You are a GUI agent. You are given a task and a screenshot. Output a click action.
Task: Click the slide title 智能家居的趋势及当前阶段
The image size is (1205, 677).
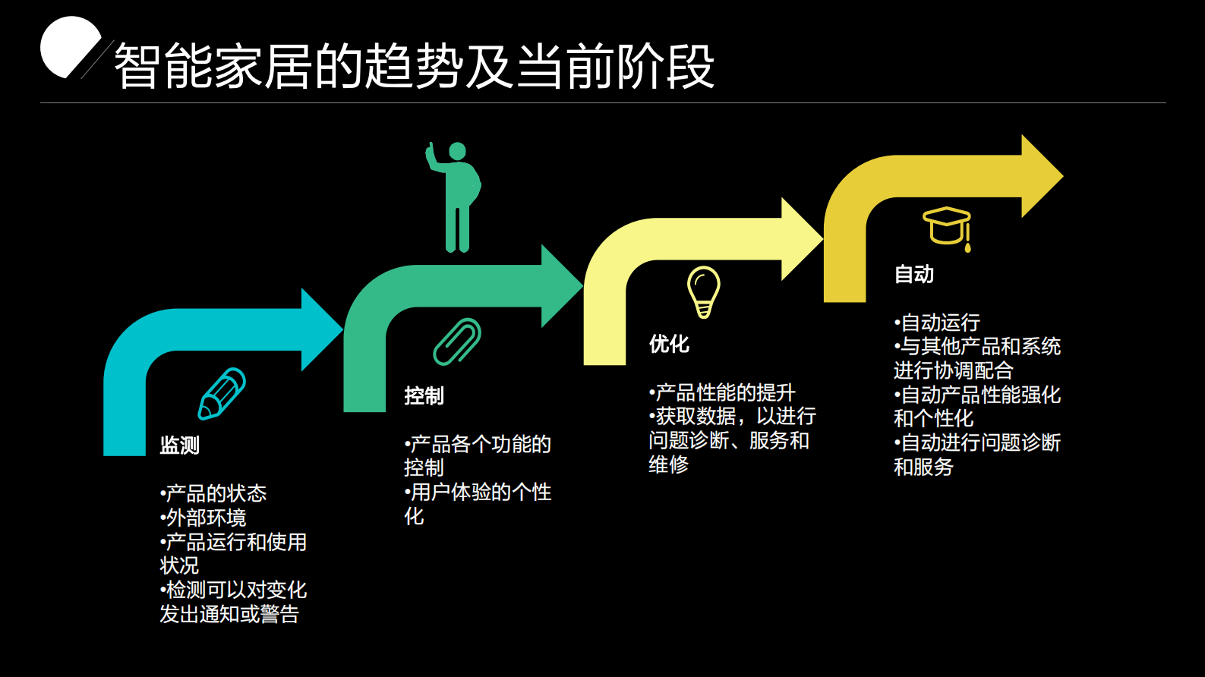coord(414,66)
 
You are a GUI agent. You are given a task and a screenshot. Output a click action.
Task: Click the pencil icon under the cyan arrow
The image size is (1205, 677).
coord(222,393)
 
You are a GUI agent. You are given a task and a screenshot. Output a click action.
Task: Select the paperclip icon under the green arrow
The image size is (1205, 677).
coord(457,342)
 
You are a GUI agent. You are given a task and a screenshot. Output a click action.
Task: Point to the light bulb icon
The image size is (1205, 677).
coord(703,291)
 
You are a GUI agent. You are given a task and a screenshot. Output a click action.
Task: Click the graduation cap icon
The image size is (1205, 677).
coord(947,227)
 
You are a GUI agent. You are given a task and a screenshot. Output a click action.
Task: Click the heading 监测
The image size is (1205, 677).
coord(179,445)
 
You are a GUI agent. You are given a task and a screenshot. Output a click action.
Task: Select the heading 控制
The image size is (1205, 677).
coord(424,395)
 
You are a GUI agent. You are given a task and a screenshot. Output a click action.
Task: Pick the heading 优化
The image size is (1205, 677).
coord(669,344)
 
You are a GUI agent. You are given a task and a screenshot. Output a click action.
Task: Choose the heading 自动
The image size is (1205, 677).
coord(913,274)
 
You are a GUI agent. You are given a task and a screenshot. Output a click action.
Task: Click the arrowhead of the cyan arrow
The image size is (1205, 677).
coord(320,329)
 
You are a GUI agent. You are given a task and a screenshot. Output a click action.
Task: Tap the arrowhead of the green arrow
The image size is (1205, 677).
coord(560,286)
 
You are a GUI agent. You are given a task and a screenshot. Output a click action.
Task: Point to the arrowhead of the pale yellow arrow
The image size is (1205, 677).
coord(800,239)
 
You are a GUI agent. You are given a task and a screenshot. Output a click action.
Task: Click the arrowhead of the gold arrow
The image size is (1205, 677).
coord(1040,176)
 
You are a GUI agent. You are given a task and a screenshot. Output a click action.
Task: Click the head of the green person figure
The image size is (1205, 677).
coord(457,151)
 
